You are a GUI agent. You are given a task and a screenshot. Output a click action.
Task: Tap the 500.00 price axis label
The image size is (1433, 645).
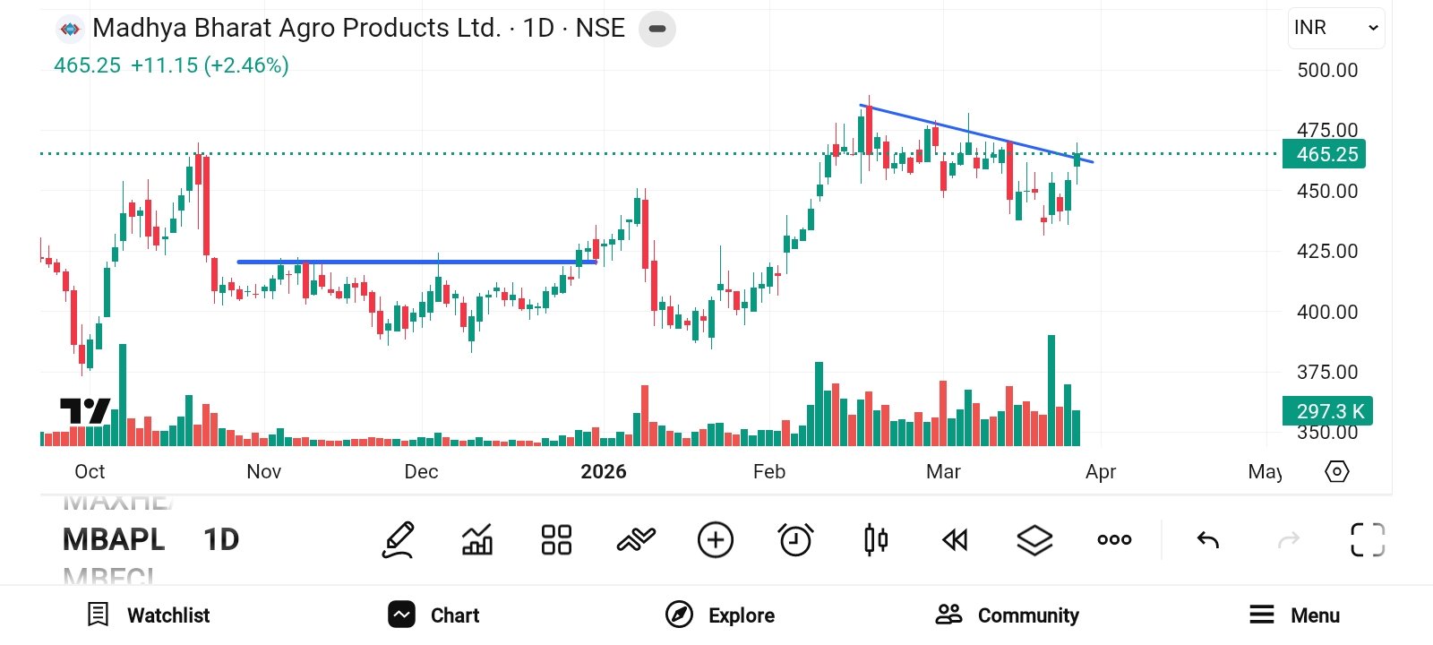[1327, 71]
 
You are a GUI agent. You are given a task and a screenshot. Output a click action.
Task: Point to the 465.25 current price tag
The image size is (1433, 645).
[1325, 154]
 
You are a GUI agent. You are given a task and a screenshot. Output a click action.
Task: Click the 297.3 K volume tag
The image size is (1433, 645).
[1327, 411]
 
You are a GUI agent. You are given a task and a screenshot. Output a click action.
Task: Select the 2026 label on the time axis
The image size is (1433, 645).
[603, 472]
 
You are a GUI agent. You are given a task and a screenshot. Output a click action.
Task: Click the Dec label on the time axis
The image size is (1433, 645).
[421, 472]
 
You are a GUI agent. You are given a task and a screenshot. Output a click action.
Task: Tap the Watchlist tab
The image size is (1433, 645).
[149, 615]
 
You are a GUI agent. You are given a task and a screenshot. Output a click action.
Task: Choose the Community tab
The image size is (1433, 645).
[1008, 615]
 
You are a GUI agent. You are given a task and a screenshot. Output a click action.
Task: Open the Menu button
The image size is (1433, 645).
[1295, 615]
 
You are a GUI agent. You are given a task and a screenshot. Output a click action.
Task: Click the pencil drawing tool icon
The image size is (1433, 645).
[399, 540]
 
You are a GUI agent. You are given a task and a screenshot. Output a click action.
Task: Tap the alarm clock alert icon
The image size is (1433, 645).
[795, 540]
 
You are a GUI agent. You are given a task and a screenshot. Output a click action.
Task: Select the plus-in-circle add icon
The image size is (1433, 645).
[716, 540]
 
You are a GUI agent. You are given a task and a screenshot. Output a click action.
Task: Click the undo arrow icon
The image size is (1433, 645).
[1208, 540]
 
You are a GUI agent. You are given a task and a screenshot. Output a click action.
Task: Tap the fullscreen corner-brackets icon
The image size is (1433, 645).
[1368, 540]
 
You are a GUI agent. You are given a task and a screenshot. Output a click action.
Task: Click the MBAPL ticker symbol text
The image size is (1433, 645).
[114, 540]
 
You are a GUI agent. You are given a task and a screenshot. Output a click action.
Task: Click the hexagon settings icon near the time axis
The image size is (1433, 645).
[1336, 471]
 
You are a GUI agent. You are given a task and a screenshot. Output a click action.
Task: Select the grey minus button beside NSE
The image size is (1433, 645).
[657, 29]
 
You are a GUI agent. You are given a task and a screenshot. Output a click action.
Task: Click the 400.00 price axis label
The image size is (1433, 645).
[1327, 313]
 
